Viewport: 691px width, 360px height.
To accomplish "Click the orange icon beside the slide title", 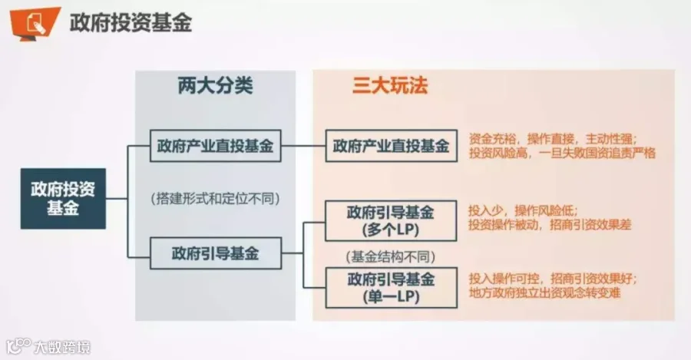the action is point(35,23).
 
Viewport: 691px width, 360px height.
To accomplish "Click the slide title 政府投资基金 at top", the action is point(131,22).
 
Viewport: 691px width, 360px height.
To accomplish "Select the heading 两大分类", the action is point(216,85).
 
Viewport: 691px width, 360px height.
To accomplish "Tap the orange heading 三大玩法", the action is point(390,85).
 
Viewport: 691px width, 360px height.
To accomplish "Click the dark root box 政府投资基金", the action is point(63,198).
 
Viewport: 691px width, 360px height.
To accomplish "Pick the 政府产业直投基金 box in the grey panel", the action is point(216,146).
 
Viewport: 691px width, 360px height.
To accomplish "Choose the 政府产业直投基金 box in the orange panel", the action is point(391,146).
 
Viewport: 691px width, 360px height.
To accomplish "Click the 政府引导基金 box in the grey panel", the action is point(216,253).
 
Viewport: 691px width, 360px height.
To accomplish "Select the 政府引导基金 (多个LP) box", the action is point(391,221).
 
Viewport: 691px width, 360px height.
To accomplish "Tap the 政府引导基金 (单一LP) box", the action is point(391,288).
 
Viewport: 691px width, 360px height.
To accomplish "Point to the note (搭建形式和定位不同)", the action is point(216,199).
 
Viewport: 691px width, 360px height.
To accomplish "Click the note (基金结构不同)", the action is point(391,256).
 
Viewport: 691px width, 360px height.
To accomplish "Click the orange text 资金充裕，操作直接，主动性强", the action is point(553,139).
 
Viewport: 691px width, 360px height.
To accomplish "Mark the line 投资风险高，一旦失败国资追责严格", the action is point(562,153).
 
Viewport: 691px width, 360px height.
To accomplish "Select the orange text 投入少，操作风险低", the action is point(523,210).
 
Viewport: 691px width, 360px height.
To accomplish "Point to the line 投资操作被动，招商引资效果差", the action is point(550,225).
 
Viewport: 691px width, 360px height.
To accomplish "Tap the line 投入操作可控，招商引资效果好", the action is point(553,279).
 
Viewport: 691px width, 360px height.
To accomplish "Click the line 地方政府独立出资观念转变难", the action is point(544,292).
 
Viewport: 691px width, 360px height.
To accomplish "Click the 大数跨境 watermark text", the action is point(62,347).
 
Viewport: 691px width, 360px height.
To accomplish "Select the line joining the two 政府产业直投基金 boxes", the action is point(303,146).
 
